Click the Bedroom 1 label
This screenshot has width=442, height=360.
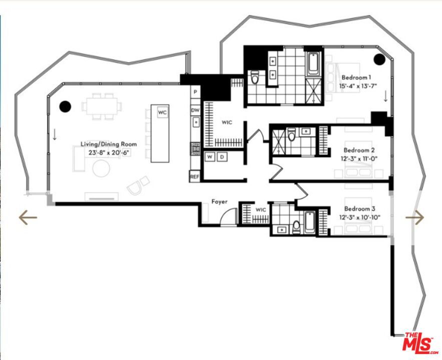pos(356,77)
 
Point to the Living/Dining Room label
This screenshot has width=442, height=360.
pos(109,144)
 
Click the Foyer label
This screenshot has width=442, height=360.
pos(219,201)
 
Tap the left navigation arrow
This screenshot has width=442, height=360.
pos(28,217)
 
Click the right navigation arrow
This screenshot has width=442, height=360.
pos(414,217)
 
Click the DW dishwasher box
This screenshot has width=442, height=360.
pos(195,109)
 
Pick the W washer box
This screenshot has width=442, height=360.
pos(211,157)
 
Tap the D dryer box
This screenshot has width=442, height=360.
pos(222,157)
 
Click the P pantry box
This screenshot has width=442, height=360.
pos(195,92)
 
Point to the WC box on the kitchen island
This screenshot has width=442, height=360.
pos(162,112)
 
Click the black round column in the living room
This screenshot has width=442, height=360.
pos(65,106)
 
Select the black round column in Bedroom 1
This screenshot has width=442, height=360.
pos(379,59)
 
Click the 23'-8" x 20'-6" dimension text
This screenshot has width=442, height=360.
pos(109,152)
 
